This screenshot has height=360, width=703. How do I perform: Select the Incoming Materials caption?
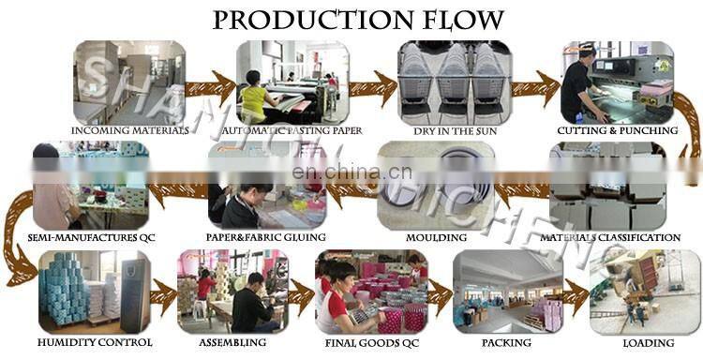click(129, 130)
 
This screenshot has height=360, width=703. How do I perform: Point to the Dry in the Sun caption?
click(448, 130)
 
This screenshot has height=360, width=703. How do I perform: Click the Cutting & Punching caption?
click(617, 130)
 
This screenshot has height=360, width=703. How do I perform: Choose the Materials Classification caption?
click(610, 238)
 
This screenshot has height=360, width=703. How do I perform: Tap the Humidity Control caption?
click(96, 343)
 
